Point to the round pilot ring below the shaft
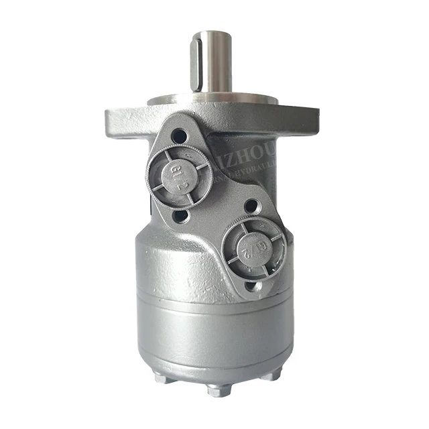pos(213,101)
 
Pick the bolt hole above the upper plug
pos(180,136)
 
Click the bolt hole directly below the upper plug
pos(180,216)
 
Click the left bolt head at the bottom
pos(164,378)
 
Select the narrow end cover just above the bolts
pos(214,359)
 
